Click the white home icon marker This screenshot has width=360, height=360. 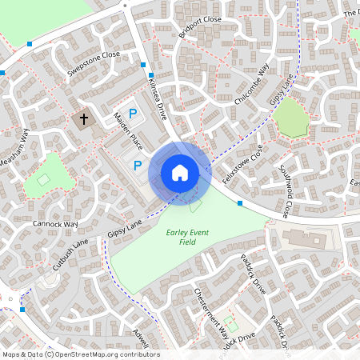pos(180,173)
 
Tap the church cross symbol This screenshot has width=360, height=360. pos(82,120)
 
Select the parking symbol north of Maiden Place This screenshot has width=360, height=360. pos(134,114)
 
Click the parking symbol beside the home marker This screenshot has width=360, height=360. pos(138,166)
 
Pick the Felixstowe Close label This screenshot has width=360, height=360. pos(242,164)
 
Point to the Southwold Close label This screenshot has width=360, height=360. pos(283,192)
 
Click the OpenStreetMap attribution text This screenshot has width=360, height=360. pos(81,354)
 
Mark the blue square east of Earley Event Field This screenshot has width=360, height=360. pos(240,203)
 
